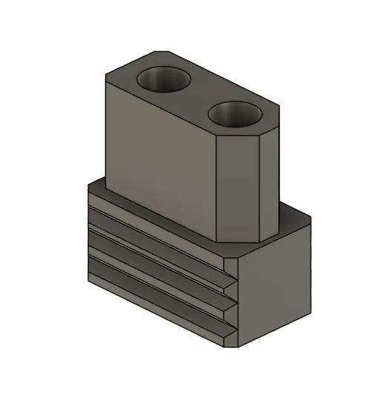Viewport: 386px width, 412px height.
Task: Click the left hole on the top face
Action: [163, 79]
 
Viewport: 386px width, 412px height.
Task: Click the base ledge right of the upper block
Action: [293, 226]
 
